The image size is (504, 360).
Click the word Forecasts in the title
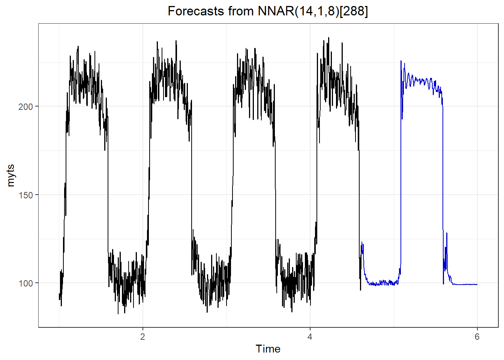pyautogui.click(x=192, y=11)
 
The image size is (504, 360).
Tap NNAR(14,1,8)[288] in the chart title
pyautogui.click(x=313, y=11)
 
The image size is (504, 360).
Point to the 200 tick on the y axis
pyautogui.click(x=25, y=106)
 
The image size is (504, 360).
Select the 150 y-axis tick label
pyautogui.click(x=25, y=195)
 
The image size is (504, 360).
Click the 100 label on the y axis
pyautogui.click(x=25, y=283)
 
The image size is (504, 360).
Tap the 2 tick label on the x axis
pyautogui.click(x=142, y=337)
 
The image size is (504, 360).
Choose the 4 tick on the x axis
pyautogui.click(x=310, y=337)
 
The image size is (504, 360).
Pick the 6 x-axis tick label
pyautogui.click(x=477, y=337)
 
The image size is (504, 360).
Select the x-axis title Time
pyautogui.click(x=268, y=349)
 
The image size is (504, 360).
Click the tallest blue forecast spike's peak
pyautogui.click(x=401, y=61)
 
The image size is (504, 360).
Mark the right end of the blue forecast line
pyautogui.click(x=477, y=285)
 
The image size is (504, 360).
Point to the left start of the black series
pyautogui.click(x=59, y=296)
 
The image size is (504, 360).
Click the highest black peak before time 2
pyautogui.click(x=78, y=46)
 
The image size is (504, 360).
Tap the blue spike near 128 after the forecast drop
pyautogui.click(x=447, y=233)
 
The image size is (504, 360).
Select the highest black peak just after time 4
pyautogui.click(x=329, y=37)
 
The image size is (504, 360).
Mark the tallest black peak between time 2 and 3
pyautogui.click(x=176, y=41)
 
